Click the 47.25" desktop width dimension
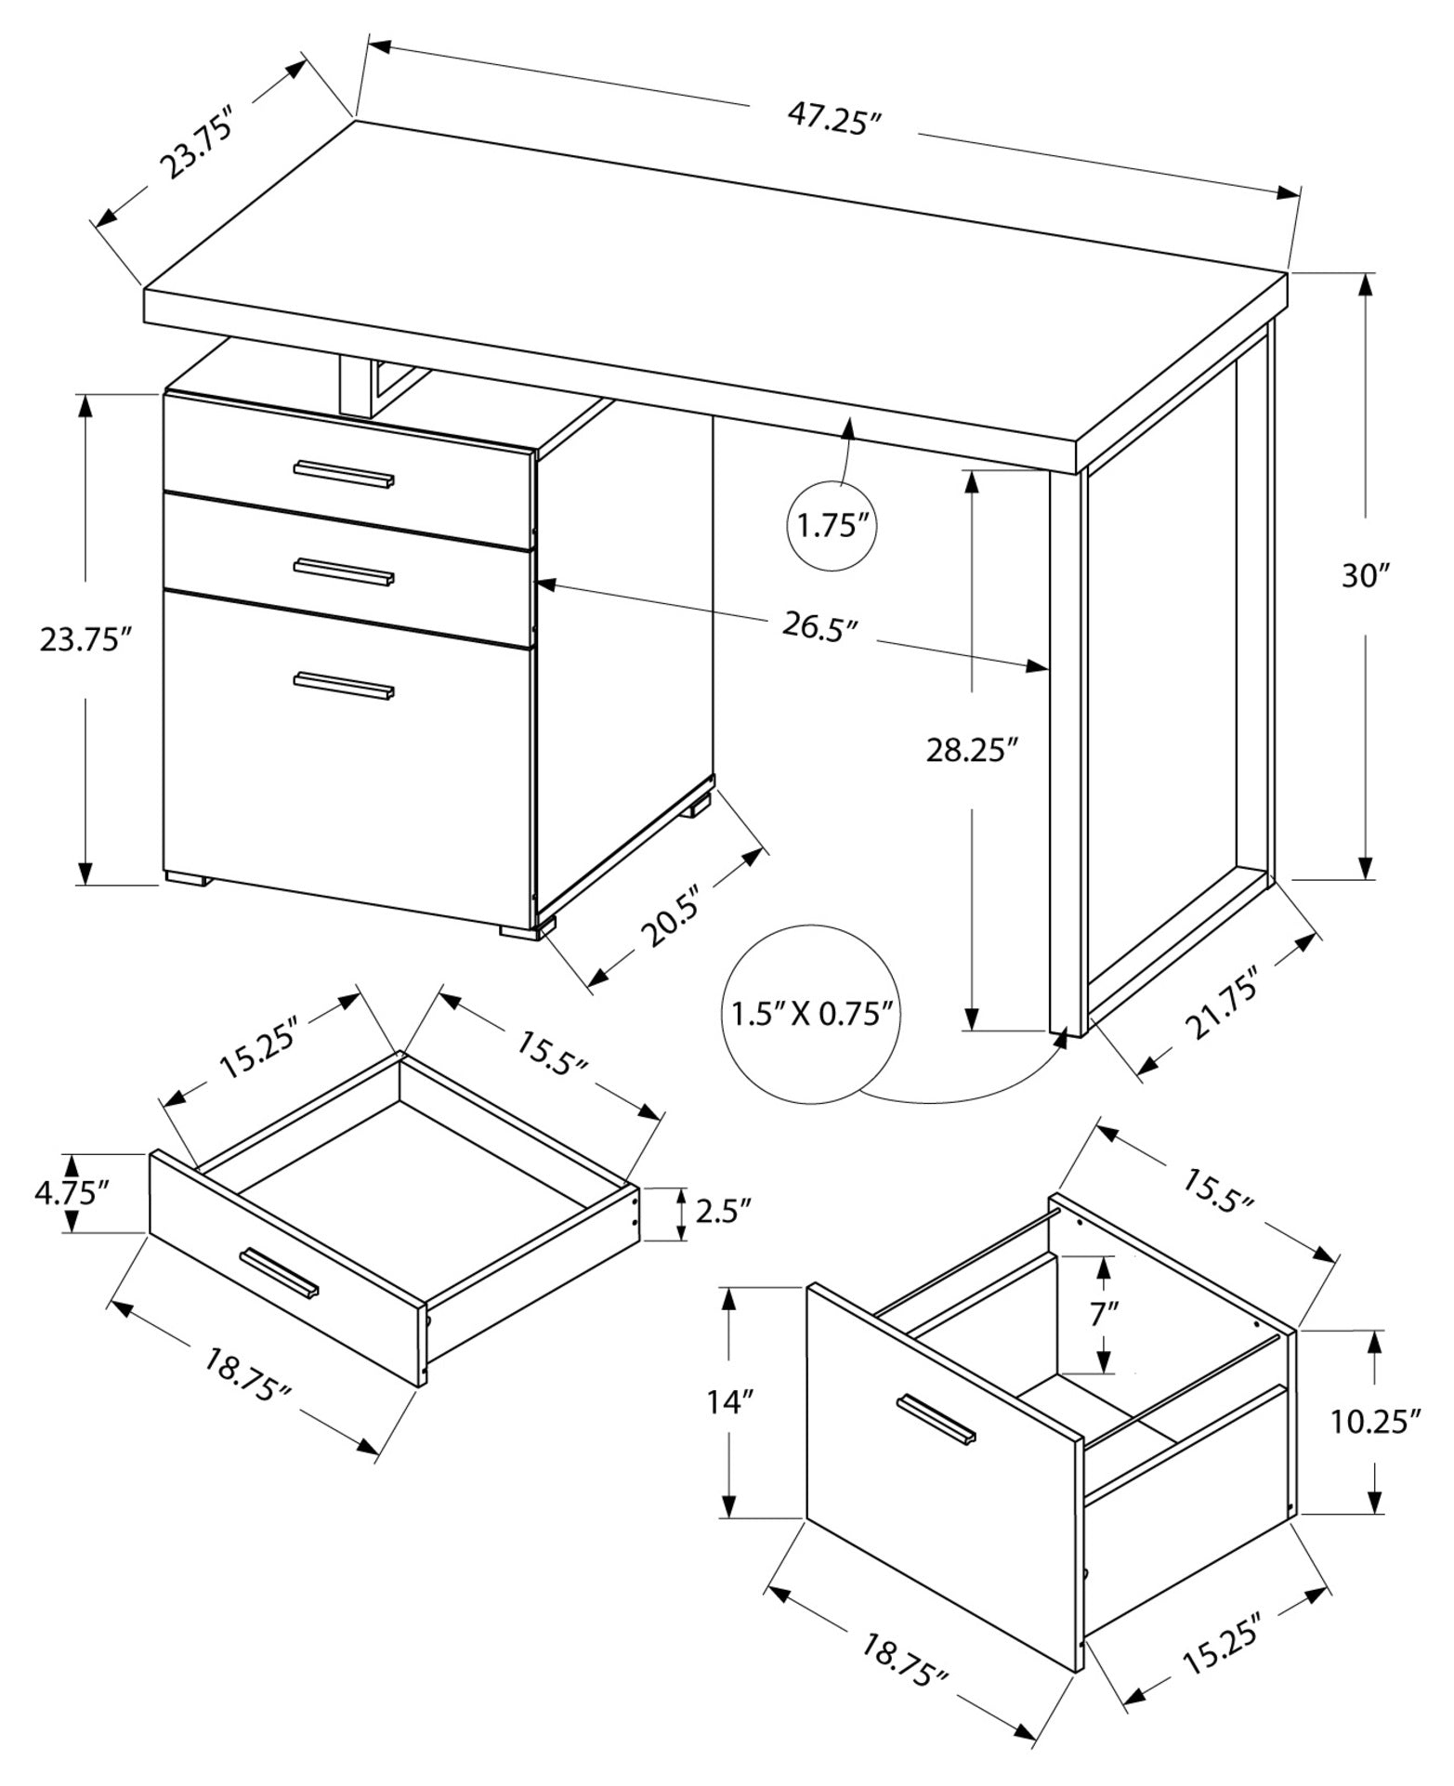click(833, 120)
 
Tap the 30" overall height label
click(1364, 575)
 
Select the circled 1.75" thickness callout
click(832, 527)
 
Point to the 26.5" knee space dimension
click(818, 626)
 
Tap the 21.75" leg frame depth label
click(1222, 1005)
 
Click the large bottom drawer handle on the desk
click(344, 685)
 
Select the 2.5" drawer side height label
click(723, 1213)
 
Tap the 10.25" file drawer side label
click(1376, 1421)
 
